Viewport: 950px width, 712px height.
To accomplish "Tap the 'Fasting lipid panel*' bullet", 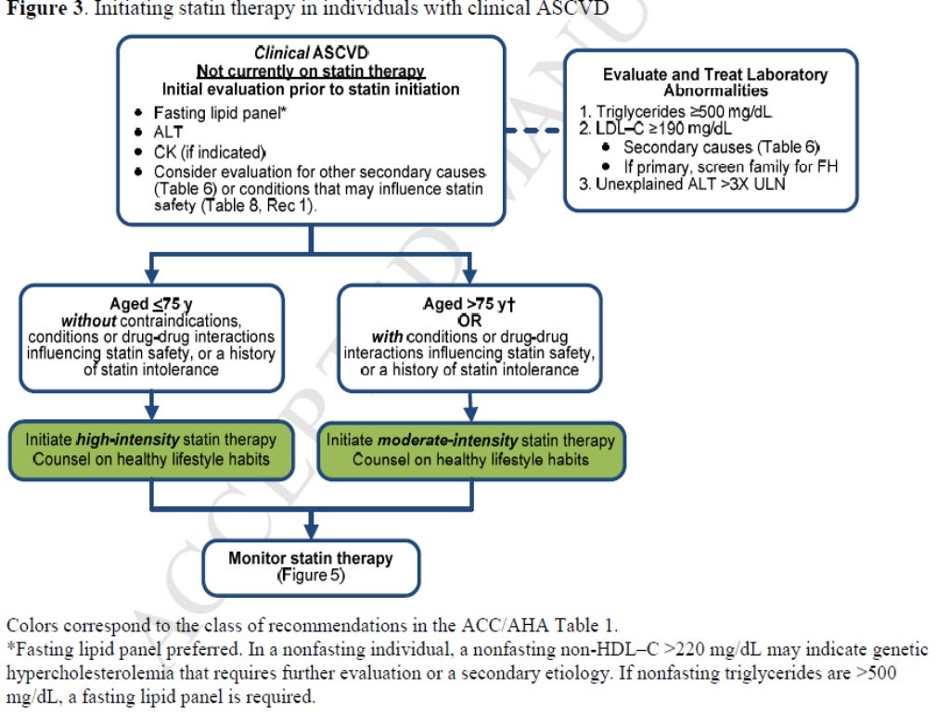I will [222, 110].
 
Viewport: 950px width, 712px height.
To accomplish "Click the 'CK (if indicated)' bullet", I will [210, 151].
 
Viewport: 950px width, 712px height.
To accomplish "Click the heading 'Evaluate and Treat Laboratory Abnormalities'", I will [714, 83].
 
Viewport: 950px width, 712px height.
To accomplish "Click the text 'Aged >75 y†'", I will [469, 304].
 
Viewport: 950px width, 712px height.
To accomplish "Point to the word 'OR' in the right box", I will [469, 320].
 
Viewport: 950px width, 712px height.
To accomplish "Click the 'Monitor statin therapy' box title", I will [310, 558].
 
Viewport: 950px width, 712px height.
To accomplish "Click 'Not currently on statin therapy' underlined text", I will [310, 71].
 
